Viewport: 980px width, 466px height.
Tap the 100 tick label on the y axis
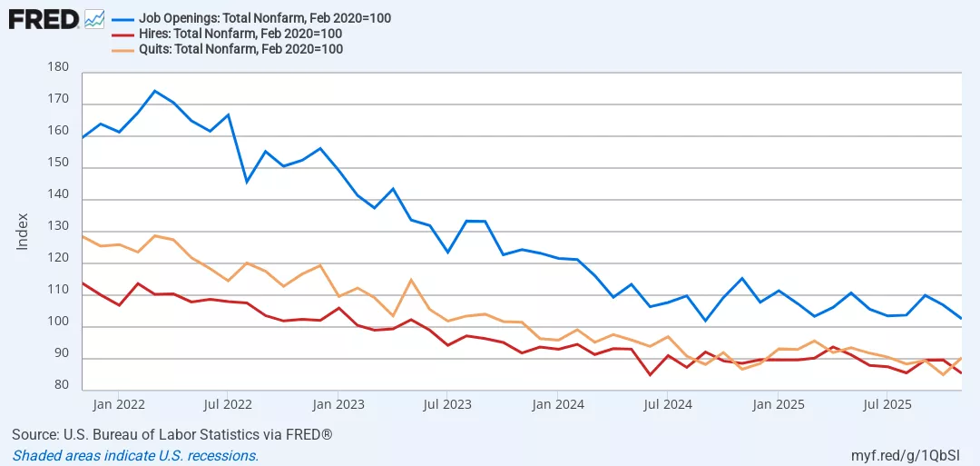click(x=57, y=322)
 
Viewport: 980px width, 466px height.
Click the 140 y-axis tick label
click(x=57, y=194)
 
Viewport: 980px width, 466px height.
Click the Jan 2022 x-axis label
click(x=119, y=403)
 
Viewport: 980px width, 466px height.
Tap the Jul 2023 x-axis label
click(x=447, y=403)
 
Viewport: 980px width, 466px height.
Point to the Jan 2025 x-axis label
click(x=778, y=403)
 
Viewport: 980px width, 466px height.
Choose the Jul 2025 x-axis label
click(x=887, y=403)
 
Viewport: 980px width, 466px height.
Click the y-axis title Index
click(x=24, y=233)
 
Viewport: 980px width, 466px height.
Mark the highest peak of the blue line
click(x=154, y=91)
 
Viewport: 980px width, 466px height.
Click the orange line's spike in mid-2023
click(x=411, y=279)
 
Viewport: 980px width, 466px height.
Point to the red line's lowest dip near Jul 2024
click(x=650, y=374)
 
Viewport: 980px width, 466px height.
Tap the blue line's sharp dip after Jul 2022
click(x=247, y=182)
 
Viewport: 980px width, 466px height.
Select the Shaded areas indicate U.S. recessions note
click(x=135, y=455)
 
